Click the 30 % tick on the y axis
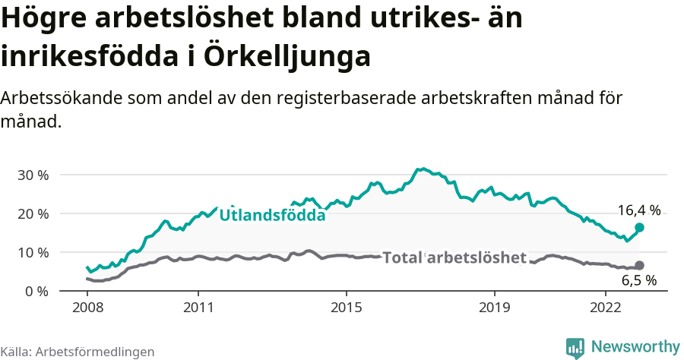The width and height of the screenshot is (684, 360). [33, 175]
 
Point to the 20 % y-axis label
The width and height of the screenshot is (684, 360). [33, 213]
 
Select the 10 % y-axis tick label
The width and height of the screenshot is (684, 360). [33, 252]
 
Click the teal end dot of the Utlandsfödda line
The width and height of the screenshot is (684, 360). [639, 227]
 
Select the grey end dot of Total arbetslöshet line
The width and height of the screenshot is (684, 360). [639, 265]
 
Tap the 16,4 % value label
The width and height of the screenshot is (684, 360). [638, 210]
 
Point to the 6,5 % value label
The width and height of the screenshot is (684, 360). [639, 281]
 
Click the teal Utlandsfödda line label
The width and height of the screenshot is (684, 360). [272, 216]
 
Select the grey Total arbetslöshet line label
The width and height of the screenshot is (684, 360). [454, 257]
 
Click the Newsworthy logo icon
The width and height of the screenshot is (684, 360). [575, 347]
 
